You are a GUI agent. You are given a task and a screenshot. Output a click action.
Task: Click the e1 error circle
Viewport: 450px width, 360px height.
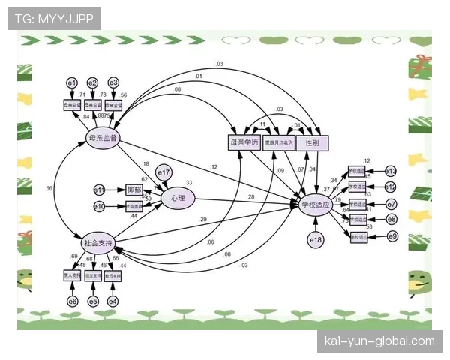(x=72, y=82)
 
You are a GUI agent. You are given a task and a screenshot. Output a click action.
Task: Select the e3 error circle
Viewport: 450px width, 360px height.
(x=113, y=82)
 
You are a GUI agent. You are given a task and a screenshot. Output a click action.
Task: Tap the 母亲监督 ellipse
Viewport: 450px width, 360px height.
(x=103, y=138)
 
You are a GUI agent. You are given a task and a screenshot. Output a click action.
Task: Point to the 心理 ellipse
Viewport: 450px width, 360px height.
(x=178, y=198)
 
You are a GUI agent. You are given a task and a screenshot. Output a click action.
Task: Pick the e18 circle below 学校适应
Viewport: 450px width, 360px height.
(x=316, y=240)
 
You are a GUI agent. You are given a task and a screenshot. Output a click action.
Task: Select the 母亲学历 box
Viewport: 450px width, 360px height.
(x=243, y=142)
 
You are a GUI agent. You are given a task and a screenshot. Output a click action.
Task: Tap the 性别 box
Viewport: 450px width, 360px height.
(x=311, y=142)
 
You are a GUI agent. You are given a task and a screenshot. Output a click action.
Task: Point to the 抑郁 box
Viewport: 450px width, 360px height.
(x=134, y=190)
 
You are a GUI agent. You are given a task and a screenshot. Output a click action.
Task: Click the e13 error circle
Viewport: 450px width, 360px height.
(x=390, y=172)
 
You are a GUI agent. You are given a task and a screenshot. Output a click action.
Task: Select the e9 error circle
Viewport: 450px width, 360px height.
(x=391, y=237)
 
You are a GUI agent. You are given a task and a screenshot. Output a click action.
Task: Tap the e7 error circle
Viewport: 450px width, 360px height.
(x=391, y=204)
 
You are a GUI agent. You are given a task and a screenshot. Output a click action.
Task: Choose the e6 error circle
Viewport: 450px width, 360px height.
(x=72, y=301)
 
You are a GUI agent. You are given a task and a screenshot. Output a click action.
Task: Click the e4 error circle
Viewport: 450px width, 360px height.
(x=112, y=301)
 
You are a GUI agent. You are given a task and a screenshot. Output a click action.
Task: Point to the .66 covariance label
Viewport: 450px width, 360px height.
(x=49, y=187)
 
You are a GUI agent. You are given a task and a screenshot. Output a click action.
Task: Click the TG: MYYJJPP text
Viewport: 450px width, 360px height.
(x=53, y=18)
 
